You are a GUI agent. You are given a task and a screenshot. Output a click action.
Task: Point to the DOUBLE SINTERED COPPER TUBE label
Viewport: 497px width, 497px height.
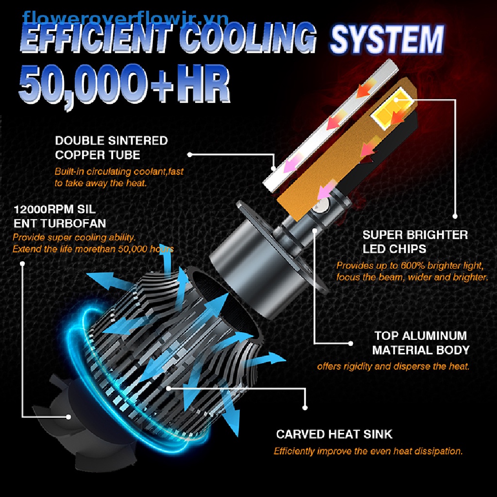click(x=111, y=148)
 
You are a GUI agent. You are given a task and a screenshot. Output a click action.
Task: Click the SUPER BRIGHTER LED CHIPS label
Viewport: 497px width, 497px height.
click(x=415, y=242)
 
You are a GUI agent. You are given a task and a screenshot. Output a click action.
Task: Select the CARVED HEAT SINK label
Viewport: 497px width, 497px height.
click(x=334, y=434)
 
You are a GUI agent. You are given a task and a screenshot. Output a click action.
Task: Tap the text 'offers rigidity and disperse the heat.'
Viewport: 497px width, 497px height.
click(x=393, y=366)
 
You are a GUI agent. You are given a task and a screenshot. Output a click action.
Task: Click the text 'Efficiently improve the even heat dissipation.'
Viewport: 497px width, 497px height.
click(x=368, y=451)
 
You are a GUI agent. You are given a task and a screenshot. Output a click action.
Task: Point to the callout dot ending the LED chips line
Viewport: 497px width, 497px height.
click(x=455, y=216)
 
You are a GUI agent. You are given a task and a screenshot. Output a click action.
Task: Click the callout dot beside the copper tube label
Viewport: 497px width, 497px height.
click(x=190, y=154)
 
